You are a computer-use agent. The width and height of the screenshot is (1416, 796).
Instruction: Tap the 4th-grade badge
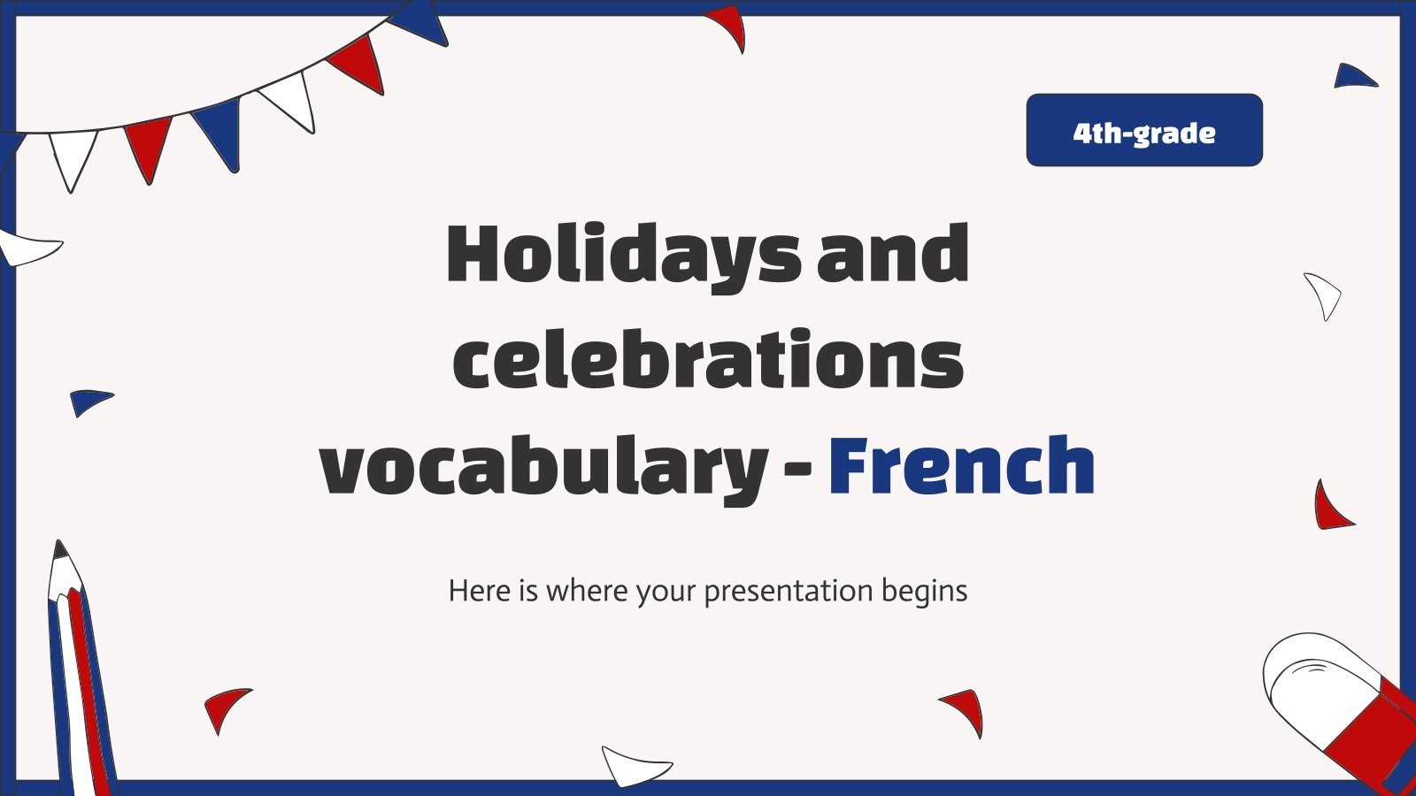(1144, 130)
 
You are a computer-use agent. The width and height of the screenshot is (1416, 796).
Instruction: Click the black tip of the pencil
(60, 550)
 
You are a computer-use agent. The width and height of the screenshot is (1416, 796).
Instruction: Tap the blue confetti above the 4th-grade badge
(1353, 76)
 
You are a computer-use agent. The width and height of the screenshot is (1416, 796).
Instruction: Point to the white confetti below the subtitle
(634, 764)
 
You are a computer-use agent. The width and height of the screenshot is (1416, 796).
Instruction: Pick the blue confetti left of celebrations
(89, 401)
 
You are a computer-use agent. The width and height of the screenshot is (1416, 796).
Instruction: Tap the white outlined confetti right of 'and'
(1324, 295)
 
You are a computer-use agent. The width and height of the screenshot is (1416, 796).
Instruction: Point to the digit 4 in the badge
(1081, 133)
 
